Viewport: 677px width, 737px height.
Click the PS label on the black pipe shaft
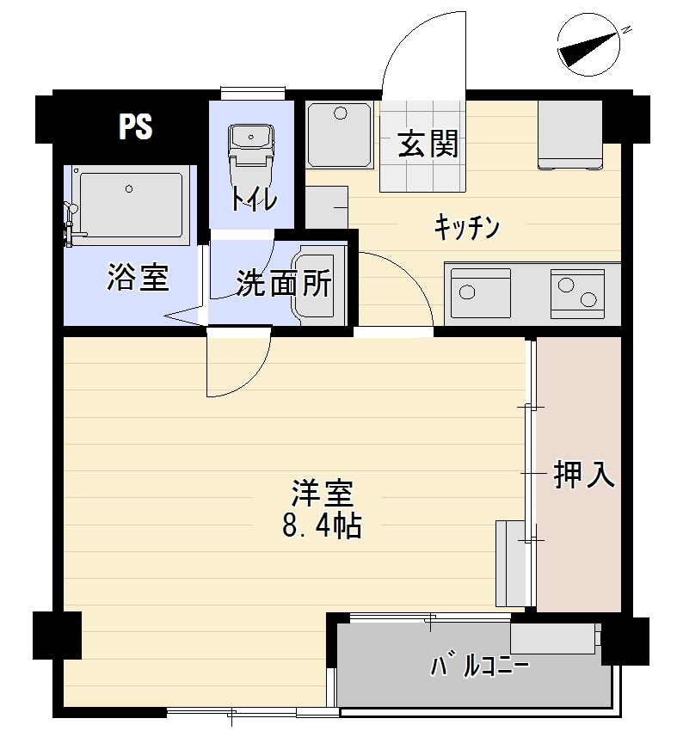(135, 127)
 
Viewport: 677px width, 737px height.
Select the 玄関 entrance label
(427, 144)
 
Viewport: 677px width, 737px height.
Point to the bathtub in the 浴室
(131, 204)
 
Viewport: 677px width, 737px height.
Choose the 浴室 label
(137, 278)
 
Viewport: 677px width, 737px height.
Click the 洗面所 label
(283, 283)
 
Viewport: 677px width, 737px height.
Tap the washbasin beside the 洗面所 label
(317, 284)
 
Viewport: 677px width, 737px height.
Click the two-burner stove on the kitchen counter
(575, 291)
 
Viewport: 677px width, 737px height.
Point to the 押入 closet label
(584, 474)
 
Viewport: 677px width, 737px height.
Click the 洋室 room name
(322, 493)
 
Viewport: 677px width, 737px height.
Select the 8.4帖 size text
(322, 525)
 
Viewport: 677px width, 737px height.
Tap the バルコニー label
(478, 667)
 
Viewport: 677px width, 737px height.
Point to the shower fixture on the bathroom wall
(69, 218)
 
